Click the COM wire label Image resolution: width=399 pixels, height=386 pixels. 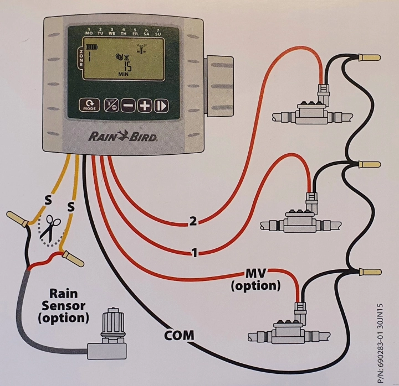(x=179, y=335)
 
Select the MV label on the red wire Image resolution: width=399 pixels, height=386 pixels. (x=256, y=274)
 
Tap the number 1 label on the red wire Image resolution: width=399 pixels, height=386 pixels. (x=194, y=253)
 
